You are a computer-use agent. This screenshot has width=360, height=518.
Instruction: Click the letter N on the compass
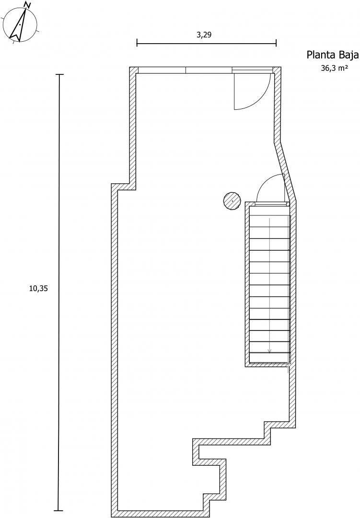(x=28, y=5)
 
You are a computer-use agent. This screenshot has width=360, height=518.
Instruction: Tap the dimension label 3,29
(x=204, y=35)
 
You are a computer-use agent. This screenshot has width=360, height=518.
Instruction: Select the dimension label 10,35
(x=38, y=288)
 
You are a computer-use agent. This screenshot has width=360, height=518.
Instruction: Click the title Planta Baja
(x=333, y=55)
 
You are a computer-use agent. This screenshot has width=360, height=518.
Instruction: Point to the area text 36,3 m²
(x=334, y=68)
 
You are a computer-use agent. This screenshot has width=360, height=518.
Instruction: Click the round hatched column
(x=232, y=201)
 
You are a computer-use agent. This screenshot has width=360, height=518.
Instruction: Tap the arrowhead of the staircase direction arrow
(x=269, y=350)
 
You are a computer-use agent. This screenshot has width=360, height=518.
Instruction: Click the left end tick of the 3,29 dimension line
(x=137, y=43)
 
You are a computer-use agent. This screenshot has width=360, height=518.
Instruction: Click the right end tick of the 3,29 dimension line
(x=276, y=43)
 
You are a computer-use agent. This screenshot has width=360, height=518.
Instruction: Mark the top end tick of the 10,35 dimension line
(x=59, y=75)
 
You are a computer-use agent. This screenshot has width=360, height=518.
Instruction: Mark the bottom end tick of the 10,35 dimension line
(x=59, y=510)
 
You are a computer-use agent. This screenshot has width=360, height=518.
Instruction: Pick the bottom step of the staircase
(x=269, y=358)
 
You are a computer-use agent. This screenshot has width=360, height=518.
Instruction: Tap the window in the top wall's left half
(x=162, y=70)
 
